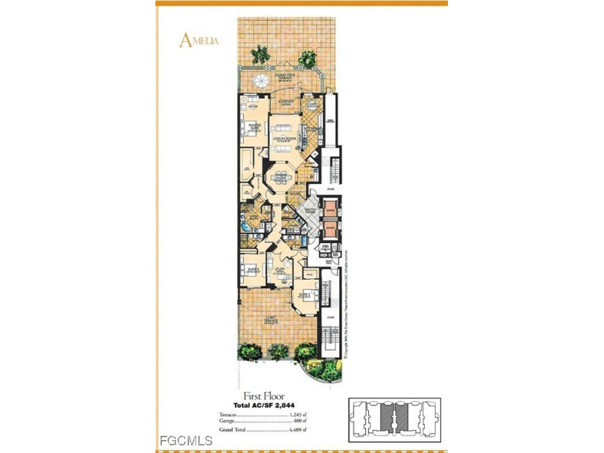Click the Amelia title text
198,41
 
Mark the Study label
280,272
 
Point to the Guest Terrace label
273,320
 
